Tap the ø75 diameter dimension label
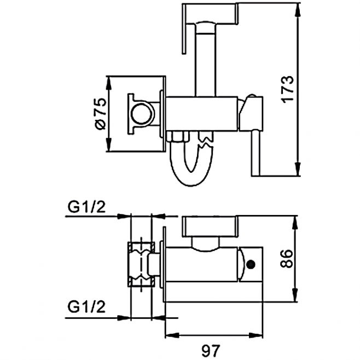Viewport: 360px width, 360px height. pyautogui.click(x=98, y=114)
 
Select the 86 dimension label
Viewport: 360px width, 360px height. pyautogui.click(x=288, y=257)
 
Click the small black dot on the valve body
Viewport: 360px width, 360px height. pyautogui.click(x=251, y=265)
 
